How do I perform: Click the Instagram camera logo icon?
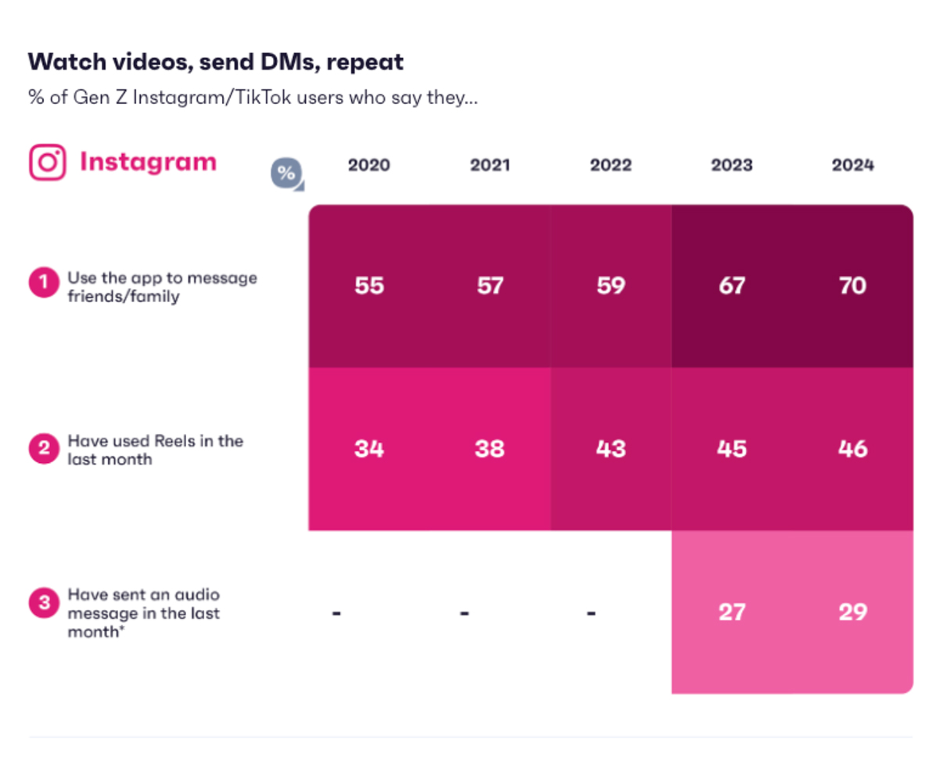coord(48,163)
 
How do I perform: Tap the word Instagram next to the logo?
coord(148,162)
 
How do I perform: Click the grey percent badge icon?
coord(286,174)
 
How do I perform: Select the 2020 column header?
coord(368,165)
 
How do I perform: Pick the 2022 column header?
coord(611,165)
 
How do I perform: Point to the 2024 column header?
coord(852,165)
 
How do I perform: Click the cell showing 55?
coord(368,285)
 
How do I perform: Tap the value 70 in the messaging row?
coord(852,285)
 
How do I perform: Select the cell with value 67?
coord(731,285)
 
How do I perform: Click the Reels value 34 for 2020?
coord(368,449)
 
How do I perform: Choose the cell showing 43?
coord(611,449)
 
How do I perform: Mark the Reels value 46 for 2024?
coord(852,449)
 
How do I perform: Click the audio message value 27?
coord(731,612)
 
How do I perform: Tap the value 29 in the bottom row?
coord(852,612)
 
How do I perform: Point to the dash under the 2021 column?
coord(464,612)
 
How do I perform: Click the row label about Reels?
coord(154,450)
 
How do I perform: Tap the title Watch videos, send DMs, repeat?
coord(216,62)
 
